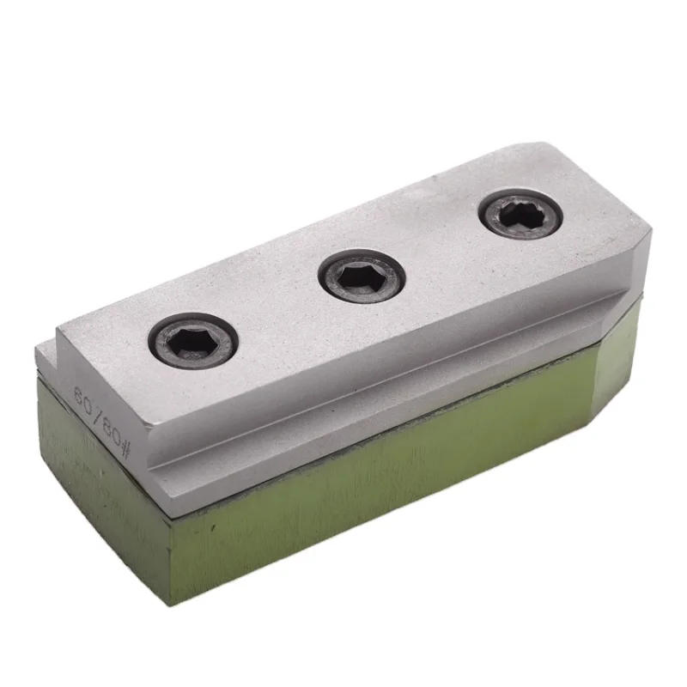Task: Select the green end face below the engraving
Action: (94, 489)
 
